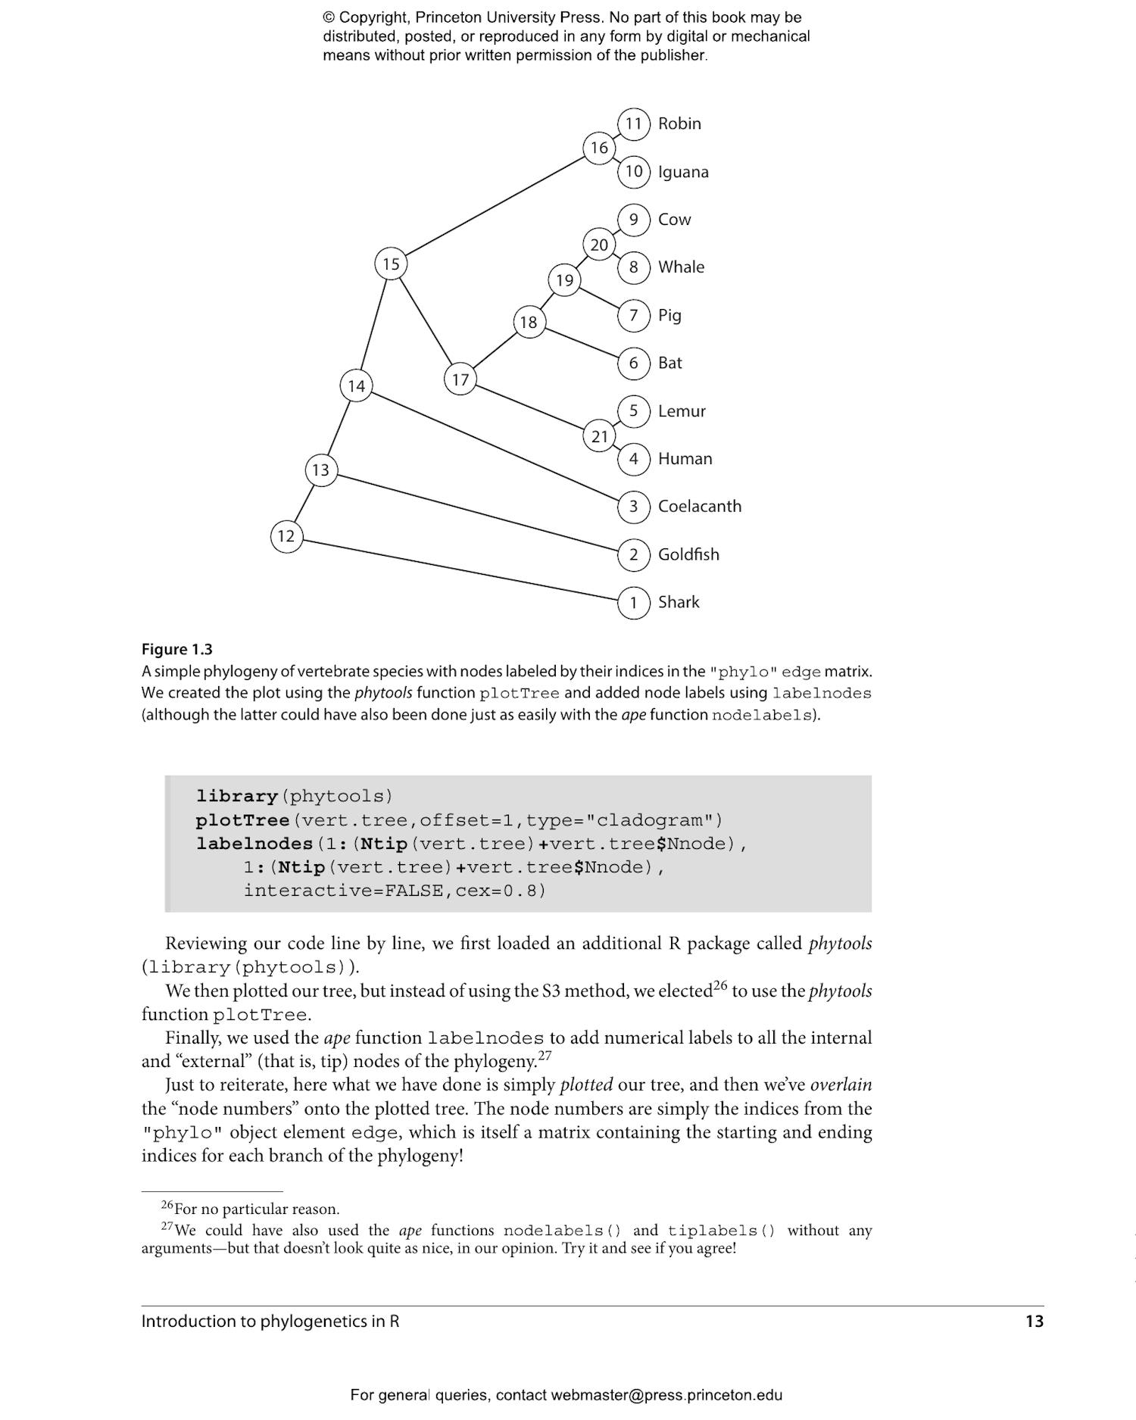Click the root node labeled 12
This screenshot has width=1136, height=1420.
coord(286,536)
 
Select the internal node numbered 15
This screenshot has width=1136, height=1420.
coord(391,264)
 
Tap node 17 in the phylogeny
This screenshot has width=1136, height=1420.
coord(460,379)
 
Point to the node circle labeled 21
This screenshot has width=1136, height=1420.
coord(599,436)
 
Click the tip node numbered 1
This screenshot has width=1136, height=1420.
coord(634,603)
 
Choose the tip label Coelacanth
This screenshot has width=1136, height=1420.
coord(699,506)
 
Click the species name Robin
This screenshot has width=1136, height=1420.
coord(679,123)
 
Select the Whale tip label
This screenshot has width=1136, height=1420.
coord(681,267)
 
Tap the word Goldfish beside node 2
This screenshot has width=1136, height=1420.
coord(688,554)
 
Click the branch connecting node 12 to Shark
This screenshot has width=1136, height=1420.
coord(460,570)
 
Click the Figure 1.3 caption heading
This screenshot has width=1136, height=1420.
coord(177,649)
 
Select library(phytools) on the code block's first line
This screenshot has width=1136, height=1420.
coord(295,796)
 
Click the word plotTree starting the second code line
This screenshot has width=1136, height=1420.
coord(242,820)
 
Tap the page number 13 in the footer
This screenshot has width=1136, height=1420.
coord(1034,1321)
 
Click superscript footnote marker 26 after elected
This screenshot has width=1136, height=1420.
coord(719,986)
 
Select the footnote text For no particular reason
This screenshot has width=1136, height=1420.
coord(257,1209)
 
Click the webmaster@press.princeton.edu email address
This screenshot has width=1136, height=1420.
coord(666,1395)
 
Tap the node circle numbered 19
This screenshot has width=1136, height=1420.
coord(564,280)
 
